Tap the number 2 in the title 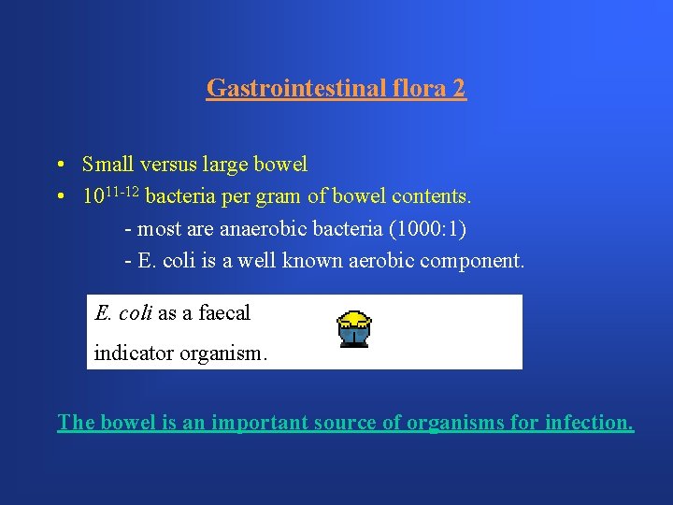(458, 89)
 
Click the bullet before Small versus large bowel (59, 166)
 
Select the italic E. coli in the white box (123, 313)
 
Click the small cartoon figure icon (354, 328)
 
